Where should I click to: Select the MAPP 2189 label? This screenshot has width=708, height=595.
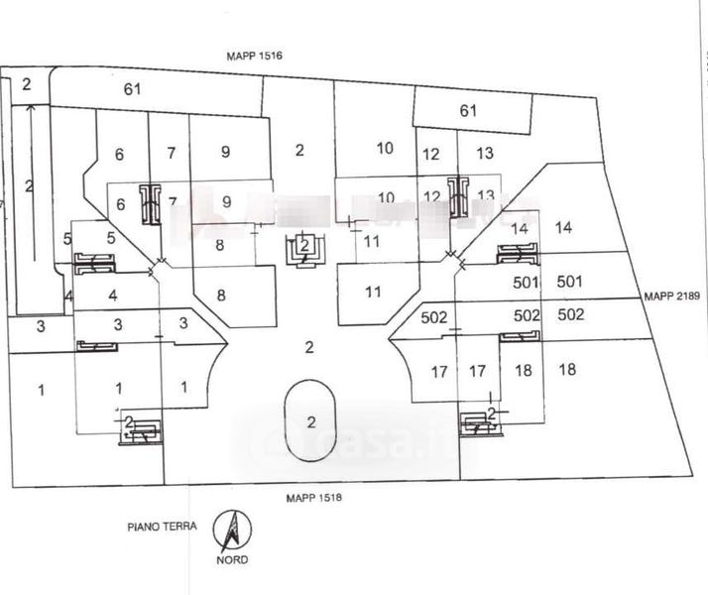click(672, 296)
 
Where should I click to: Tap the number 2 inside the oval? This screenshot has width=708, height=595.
click(311, 421)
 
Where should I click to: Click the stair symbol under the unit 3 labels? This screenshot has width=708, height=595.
click(97, 346)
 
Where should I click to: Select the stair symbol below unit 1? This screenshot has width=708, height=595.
click(140, 429)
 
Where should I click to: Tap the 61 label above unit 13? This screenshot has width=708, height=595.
click(469, 110)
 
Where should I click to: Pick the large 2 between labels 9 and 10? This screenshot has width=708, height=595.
click(299, 151)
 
